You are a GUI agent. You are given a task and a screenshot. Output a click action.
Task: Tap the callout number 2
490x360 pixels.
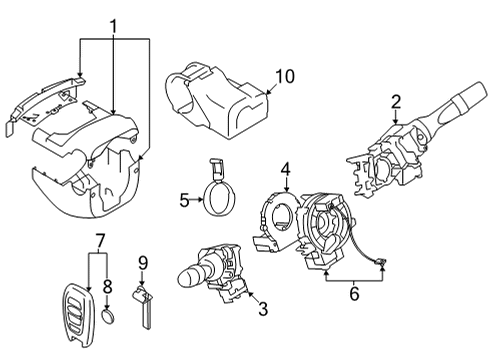[x=396, y=100]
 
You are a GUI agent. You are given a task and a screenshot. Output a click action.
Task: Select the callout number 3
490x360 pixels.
[x=263, y=309]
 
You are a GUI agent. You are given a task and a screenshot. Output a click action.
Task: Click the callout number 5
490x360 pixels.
[x=183, y=200]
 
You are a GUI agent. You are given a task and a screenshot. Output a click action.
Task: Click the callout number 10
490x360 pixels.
[x=285, y=75]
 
